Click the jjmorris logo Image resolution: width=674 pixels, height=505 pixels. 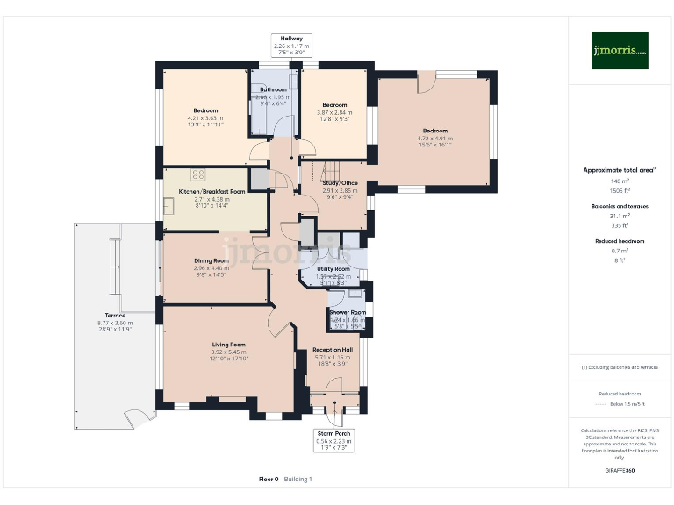[x=620, y=50]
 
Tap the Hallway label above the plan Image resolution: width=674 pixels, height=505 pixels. [x=291, y=39]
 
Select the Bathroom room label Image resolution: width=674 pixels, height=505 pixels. [x=273, y=89]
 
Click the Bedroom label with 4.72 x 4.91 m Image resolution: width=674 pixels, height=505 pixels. [x=435, y=132]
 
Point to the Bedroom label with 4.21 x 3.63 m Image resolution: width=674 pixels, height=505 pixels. [x=205, y=111]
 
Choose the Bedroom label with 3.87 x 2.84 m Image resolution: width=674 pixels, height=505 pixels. [x=334, y=105]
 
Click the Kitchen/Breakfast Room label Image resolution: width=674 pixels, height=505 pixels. [x=212, y=191]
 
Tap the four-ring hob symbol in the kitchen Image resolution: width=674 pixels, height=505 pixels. [x=197, y=174]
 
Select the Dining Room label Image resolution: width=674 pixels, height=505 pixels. [x=212, y=260]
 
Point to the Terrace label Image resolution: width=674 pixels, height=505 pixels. [x=115, y=316]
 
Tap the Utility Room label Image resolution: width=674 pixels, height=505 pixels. [x=333, y=269]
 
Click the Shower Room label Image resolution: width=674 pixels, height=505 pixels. [x=348, y=312]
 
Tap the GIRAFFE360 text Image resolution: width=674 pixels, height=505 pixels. [x=619, y=471]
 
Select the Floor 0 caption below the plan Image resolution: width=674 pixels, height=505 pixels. [x=269, y=480]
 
